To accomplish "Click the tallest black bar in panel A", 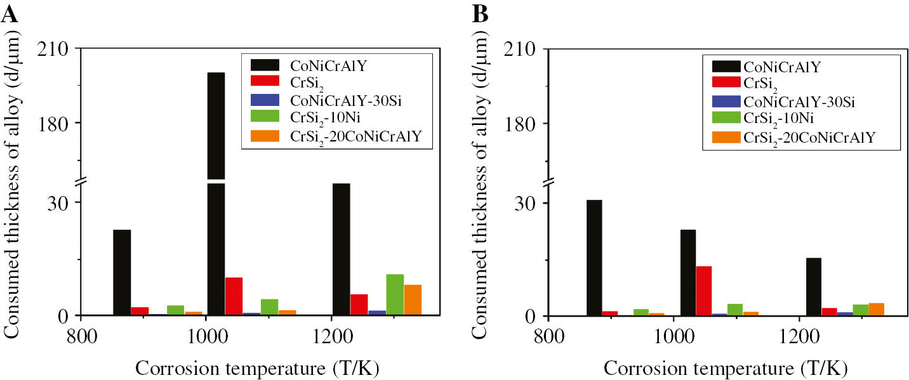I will [x=216, y=190].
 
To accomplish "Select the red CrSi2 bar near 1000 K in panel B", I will [x=703, y=291].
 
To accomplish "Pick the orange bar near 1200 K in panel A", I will [x=413, y=299].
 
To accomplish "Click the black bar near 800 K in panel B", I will [x=594, y=258].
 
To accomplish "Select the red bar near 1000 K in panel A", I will [x=234, y=296].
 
